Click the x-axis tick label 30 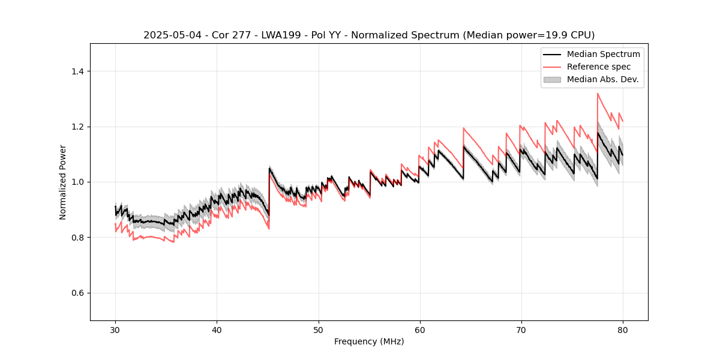[115, 330]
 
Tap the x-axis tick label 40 [217, 330]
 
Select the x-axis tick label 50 [318, 330]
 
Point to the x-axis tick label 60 [419, 330]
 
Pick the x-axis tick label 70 [521, 330]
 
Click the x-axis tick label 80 [622, 330]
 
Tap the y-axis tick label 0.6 [77, 293]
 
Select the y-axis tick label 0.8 [77, 238]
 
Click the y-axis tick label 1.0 [77, 182]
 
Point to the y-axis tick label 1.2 [77, 127]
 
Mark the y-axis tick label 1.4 [77, 71]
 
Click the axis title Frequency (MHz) [369, 342]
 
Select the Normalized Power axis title [63, 182]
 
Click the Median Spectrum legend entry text [603, 54]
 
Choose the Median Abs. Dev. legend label [602, 79]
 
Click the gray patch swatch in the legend [552, 79]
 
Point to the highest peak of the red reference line [598, 93]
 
